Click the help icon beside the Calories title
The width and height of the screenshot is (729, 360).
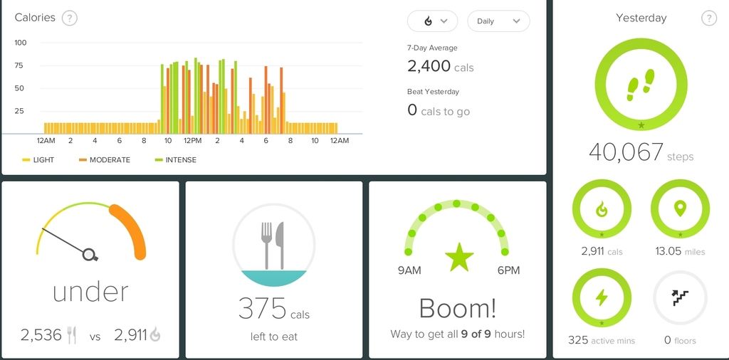(x=69, y=18)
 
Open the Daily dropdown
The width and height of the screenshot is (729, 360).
(x=498, y=21)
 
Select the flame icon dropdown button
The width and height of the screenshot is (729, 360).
(x=432, y=21)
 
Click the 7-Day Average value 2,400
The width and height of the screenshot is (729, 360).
(x=429, y=66)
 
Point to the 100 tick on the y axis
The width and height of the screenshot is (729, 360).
(x=21, y=43)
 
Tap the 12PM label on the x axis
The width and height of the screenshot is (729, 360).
(x=192, y=141)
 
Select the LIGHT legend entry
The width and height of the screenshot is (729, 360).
(x=43, y=160)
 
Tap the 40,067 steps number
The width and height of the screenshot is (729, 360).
(x=626, y=152)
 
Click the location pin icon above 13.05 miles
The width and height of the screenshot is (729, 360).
(x=680, y=208)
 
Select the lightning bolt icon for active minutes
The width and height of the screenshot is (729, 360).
(x=602, y=297)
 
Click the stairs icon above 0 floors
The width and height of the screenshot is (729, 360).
(x=680, y=297)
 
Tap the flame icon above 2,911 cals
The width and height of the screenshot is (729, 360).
(x=602, y=209)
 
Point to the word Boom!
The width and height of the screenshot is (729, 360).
(x=457, y=308)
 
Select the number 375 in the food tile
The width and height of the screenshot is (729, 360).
(x=262, y=309)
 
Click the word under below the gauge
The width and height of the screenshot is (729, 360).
(x=90, y=291)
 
